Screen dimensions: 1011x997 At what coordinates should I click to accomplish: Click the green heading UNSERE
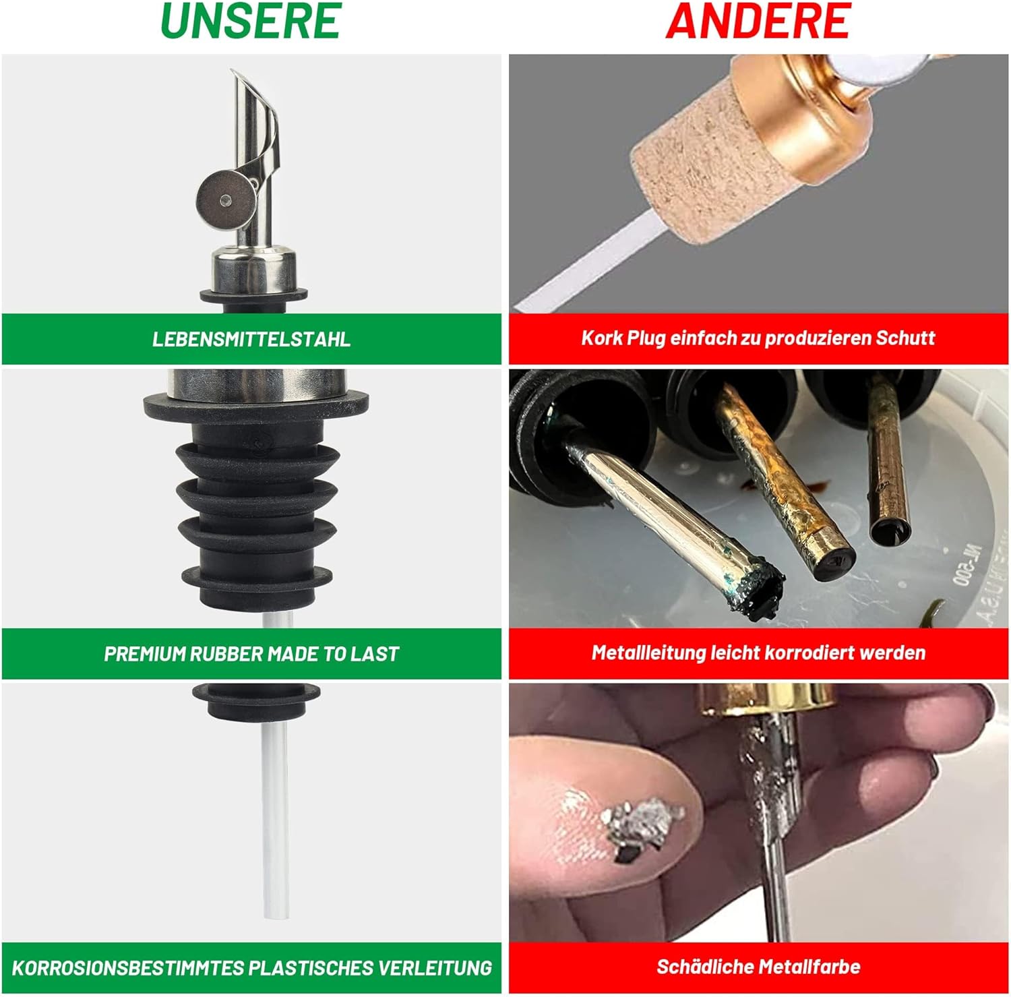tap(251, 22)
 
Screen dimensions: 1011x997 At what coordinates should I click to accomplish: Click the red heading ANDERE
tap(758, 21)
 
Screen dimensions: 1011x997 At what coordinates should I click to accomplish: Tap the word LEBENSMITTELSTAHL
tap(251, 339)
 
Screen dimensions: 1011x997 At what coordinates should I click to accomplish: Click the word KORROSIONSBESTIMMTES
tap(128, 969)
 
